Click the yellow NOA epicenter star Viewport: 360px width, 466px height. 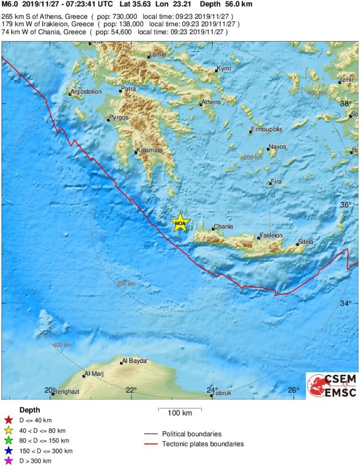tap(180, 223)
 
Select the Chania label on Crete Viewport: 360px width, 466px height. tap(223, 227)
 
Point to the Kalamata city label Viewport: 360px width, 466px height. tap(150, 150)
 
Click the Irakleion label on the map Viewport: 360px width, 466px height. tap(270, 236)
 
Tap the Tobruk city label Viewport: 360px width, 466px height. tap(222, 393)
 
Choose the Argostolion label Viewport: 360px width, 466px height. tap(86, 92)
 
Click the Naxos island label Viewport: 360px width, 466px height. tap(277, 147)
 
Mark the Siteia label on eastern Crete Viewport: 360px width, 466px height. tap(306, 242)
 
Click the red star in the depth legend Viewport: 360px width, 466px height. tap(8, 420)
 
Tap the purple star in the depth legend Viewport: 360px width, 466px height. tap(8, 461)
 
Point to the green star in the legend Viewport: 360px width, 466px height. tap(8, 441)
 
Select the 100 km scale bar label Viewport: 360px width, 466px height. tap(180, 413)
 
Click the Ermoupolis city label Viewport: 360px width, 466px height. tap(266, 129)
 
